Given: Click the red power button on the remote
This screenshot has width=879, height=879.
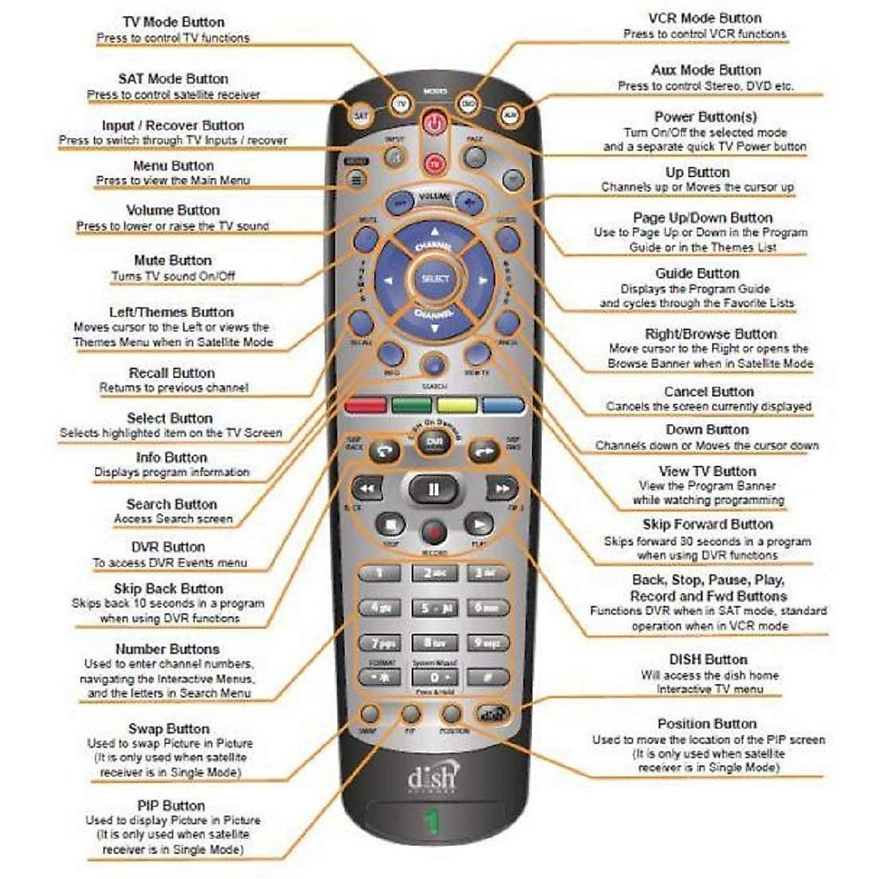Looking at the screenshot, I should (x=434, y=123).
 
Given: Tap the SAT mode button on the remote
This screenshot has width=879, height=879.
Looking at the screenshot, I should (x=360, y=115).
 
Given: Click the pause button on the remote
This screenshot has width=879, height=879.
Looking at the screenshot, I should (x=433, y=489).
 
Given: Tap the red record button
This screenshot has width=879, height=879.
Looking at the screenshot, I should (x=434, y=530).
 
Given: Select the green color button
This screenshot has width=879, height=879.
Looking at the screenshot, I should (x=412, y=405).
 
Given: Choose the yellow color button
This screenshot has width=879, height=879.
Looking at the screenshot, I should (x=457, y=405).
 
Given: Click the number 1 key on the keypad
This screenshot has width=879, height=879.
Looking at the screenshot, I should (x=379, y=573).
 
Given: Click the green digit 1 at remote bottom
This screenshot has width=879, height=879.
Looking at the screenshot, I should (x=432, y=823).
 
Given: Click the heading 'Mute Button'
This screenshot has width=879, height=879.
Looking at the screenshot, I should (x=173, y=260).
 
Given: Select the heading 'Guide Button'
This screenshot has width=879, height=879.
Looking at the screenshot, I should (x=697, y=273).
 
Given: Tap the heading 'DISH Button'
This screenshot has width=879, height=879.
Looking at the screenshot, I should (x=708, y=659).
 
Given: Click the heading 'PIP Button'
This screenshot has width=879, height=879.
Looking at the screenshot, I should (x=171, y=806).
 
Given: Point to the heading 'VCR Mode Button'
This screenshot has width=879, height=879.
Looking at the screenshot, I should (x=705, y=18).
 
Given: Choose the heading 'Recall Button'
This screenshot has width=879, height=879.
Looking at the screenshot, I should (x=171, y=373).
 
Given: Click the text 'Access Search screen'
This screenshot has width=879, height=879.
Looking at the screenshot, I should (x=173, y=519).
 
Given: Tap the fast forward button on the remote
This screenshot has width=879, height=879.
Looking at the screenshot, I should (x=502, y=488).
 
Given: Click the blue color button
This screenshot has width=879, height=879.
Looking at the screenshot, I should (x=503, y=405).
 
